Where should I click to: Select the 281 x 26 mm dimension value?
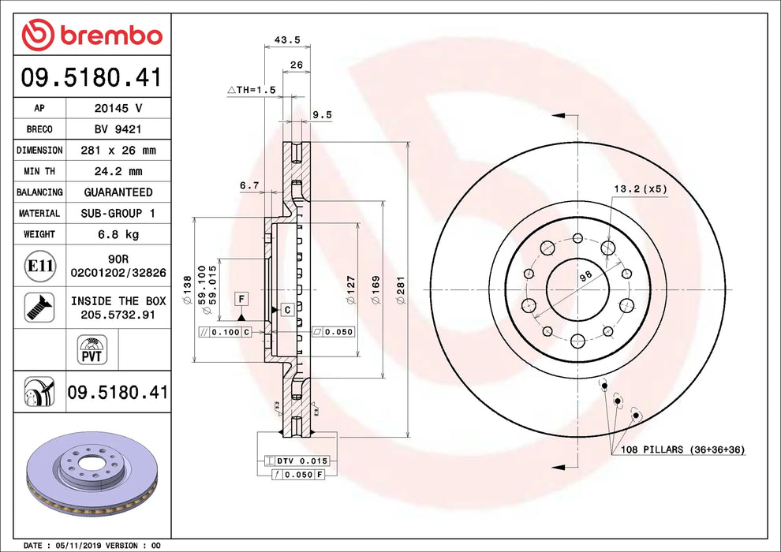click(x=118, y=150)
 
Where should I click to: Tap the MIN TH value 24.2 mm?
click(x=118, y=171)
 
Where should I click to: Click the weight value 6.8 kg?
click(x=118, y=234)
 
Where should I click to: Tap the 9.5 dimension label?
click(x=322, y=114)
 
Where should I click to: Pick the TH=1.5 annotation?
click(x=252, y=90)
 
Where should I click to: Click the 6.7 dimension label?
click(x=249, y=185)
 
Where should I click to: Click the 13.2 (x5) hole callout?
click(x=640, y=189)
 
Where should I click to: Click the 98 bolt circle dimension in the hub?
click(x=585, y=276)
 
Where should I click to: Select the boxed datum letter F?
click(x=242, y=299)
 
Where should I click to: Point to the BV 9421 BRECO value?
click(x=118, y=129)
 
